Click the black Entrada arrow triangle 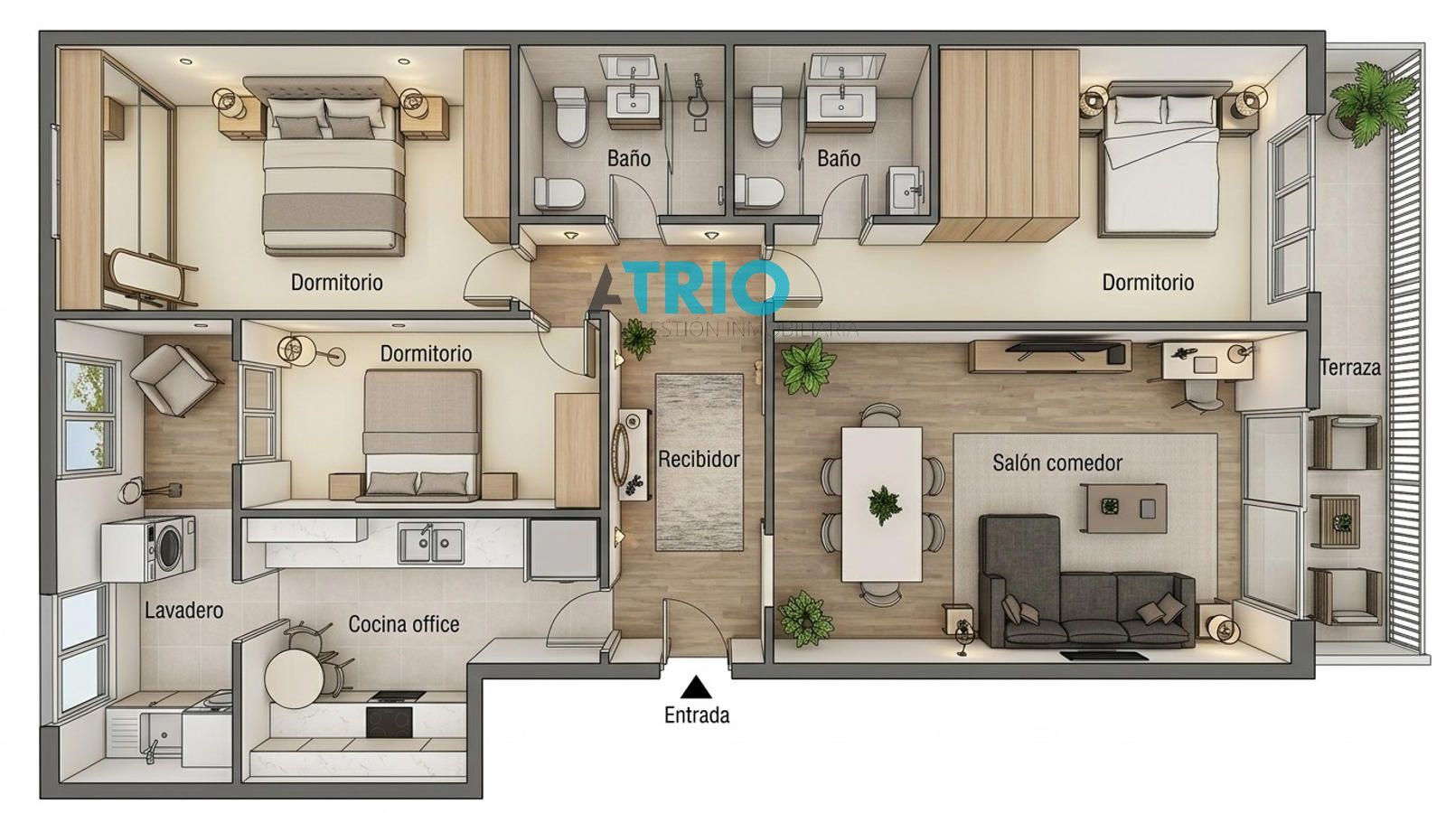coord(695,688)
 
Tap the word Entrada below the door coord(696,715)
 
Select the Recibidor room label coord(698,459)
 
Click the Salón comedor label coord(1056,463)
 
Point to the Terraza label coord(1349,368)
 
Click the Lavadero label coord(183,611)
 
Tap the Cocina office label coord(403,624)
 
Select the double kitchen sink coord(432,544)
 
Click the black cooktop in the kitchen coord(390,720)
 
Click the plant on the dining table coord(883,503)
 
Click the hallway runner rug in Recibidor coord(699,462)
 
